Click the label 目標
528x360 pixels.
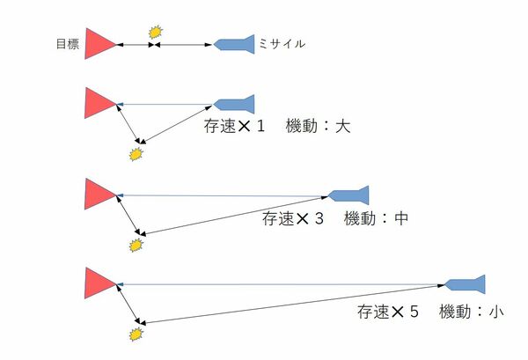click(x=68, y=44)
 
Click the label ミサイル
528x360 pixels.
click(x=282, y=43)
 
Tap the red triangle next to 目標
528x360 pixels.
click(x=100, y=43)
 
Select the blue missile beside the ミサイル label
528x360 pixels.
click(x=234, y=44)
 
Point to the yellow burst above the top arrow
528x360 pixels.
click(x=156, y=32)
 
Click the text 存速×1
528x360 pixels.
click(x=234, y=126)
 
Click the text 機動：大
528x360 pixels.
click(x=319, y=126)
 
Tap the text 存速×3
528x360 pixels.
click(x=293, y=218)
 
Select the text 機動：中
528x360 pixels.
click(x=377, y=218)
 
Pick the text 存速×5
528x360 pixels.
click(x=388, y=312)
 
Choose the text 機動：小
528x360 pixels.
click(x=472, y=312)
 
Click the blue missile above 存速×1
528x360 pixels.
click(x=234, y=105)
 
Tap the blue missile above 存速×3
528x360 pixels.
click(x=348, y=195)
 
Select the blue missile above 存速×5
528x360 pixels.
click(x=465, y=284)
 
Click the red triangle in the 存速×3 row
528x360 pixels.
click(x=100, y=194)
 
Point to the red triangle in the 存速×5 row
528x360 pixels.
click(x=100, y=283)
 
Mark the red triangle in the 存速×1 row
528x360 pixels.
click(x=100, y=103)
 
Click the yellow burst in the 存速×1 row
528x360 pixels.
click(x=136, y=154)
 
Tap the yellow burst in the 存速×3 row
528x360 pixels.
click(x=136, y=246)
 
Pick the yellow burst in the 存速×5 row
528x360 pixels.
click(x=136, y=334)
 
